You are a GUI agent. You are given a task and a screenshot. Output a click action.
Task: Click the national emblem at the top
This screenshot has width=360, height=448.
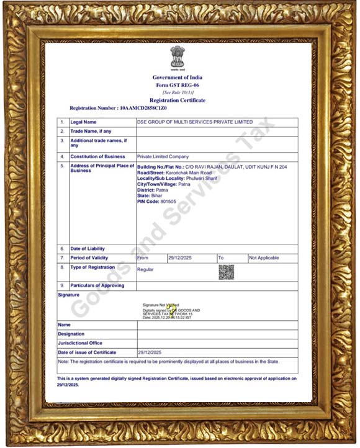(x=178, y=58)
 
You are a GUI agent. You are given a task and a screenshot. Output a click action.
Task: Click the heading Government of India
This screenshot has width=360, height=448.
(x=178, y=78)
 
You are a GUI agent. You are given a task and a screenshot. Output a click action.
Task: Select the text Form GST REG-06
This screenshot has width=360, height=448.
(x=178, y=85)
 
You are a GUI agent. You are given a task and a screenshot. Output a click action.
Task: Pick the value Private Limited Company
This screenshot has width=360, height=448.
(x=163, y=157)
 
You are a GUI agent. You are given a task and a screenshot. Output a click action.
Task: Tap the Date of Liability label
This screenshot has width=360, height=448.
(x=88, y=249)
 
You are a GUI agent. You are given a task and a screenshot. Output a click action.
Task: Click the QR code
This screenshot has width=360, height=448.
(x=226, y=272)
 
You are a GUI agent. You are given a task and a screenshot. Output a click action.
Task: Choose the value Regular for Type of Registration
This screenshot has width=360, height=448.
(x=145, y=270)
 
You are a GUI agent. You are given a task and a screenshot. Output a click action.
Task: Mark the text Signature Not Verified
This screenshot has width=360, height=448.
(x=161, y=305)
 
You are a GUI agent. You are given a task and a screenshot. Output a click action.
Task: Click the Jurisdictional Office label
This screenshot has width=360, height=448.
(x=80, y=343)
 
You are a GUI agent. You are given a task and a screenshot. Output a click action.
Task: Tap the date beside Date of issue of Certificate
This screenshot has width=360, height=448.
(x=150, y=352)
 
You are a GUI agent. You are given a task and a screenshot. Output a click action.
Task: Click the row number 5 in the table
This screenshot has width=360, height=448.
(x=63, y=166)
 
